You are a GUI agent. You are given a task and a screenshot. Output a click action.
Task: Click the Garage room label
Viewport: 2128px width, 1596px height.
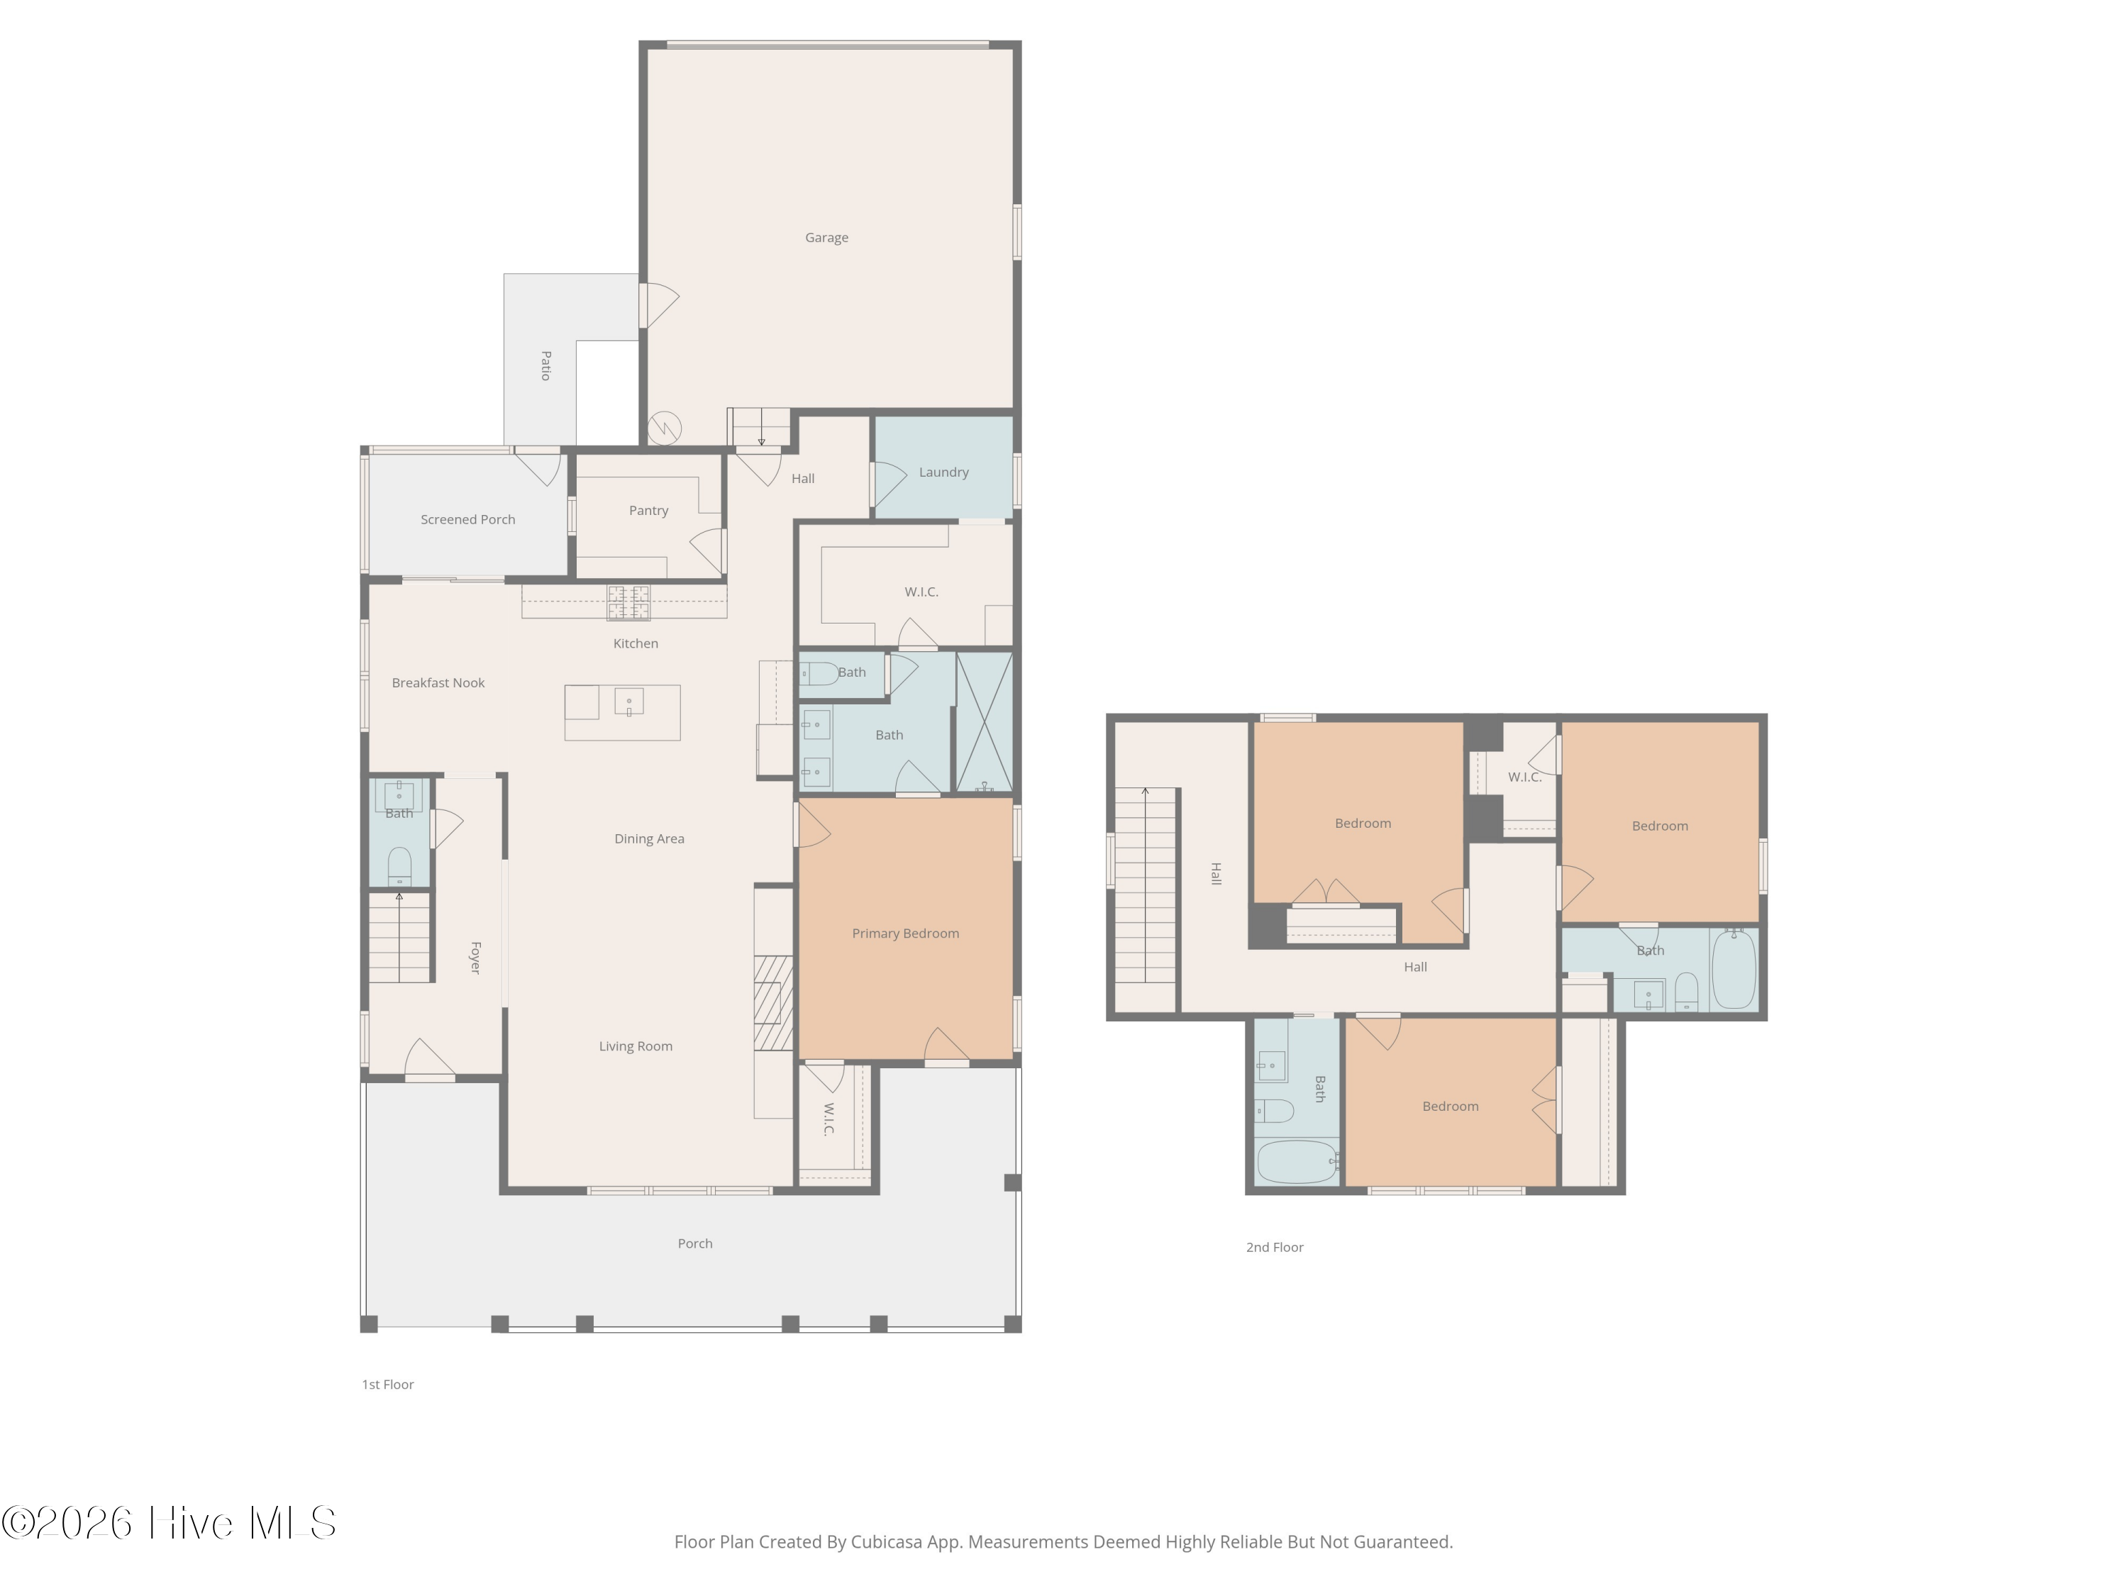click(826, 238)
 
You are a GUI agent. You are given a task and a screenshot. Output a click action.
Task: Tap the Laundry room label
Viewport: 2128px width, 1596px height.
click(943, 472)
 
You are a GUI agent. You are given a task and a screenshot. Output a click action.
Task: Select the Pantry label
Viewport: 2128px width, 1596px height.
click(648, 511)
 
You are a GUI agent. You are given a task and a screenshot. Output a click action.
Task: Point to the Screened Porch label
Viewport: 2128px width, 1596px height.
click(467, 519)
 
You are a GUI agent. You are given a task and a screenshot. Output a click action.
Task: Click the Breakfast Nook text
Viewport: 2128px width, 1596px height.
click(438, 683)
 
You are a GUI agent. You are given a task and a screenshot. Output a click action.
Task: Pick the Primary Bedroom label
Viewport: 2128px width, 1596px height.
click(905, 933)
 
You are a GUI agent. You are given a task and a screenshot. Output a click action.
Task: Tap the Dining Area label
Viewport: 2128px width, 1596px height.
click(649, 839)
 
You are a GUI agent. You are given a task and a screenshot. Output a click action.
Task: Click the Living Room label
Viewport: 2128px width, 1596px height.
click(636, 1047)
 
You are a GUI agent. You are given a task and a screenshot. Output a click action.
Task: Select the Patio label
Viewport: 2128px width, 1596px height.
click(545, 365)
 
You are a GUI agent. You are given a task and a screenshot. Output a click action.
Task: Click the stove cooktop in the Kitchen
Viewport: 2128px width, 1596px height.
click(629, 603)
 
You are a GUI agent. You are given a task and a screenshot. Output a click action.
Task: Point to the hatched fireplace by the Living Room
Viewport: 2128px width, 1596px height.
click(773, 1002)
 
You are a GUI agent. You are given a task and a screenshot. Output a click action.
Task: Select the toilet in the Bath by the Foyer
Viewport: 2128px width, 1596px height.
click(399, 866)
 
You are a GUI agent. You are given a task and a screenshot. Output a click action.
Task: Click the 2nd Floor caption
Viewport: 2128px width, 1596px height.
click(1275, 1248)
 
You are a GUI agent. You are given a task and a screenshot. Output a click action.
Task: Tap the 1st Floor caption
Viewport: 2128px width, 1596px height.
click(388, 1385)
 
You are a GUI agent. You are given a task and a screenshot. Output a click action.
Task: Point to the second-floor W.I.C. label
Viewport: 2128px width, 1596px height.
click(1525, 777)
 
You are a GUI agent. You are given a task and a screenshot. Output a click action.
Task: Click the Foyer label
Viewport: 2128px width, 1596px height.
click(475, 958)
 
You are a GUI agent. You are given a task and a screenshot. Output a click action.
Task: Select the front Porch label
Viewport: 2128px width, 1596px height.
click(694, 1244)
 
